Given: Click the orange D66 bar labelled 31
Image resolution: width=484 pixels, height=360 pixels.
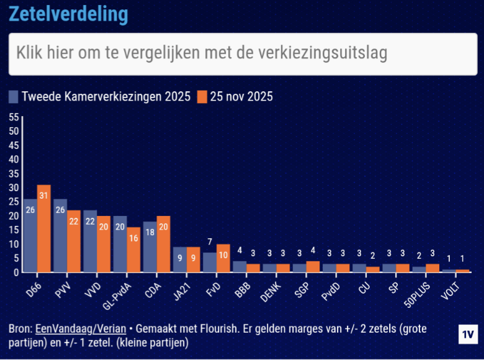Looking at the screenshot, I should (43, 228).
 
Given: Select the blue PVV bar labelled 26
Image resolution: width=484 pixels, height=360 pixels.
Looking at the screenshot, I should (60, 236).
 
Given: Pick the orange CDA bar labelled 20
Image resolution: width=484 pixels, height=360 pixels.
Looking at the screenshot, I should (163, 244).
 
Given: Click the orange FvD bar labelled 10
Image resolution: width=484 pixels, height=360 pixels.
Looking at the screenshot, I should (223, 258).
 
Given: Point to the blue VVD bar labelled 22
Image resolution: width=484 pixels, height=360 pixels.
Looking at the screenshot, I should (90, 241).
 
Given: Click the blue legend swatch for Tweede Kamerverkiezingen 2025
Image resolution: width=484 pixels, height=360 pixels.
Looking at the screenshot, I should (14, 97).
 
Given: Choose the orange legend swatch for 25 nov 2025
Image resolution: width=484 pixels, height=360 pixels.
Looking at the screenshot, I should (202, 97).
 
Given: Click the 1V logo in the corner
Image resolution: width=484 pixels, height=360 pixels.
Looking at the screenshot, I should (468, 334).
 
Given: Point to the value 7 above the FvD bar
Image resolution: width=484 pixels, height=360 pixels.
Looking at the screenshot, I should (210, 241).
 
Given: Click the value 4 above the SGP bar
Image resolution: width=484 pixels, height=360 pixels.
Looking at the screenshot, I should (313, 250).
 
